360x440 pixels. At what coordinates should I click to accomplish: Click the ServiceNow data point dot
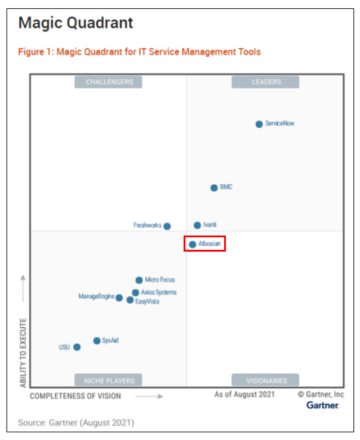[x=259, y=124]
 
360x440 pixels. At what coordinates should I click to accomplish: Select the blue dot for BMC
[x=214, y=188]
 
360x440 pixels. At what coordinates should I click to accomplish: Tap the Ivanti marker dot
[x=197, y=225]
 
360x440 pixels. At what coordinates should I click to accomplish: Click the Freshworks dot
[x=167, y=226]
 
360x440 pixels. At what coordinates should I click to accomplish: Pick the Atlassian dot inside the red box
[x=193, y=244]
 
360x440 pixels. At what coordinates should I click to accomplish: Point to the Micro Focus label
[x=160, y=280]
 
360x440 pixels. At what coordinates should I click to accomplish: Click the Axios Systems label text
[x=159, y=293]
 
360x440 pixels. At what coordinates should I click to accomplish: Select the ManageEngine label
[x=96, y=296]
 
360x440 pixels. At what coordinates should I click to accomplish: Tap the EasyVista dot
[x=130, y=300]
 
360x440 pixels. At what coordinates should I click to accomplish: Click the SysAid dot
[x=97, y=341]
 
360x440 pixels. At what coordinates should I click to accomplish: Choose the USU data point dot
[x=77, y=347]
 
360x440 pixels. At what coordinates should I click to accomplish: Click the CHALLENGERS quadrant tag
[x=109, y=82]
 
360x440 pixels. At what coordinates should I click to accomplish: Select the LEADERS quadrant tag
[x=266, y=82]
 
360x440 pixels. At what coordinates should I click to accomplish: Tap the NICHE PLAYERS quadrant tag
[x=109, y=380]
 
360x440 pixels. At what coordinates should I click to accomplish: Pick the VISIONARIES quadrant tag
[x=266, y=380]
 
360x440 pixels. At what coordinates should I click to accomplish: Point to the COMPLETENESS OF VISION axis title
[x=76, y=396]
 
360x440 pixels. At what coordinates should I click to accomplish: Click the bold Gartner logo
[x=322, y=405]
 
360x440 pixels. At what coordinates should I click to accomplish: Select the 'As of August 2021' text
[x=245, y=395]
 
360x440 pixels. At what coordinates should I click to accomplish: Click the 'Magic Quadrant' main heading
[x=76, y=23]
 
